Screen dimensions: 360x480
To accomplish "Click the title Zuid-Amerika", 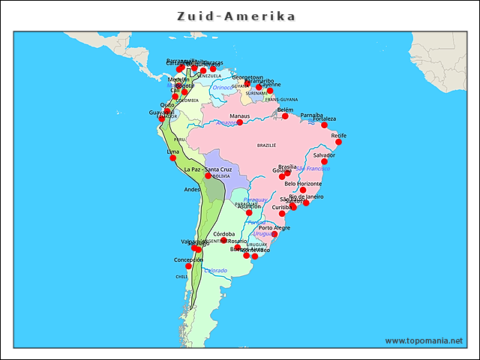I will click(235, 16).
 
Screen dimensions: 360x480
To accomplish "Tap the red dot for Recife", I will click(338, 142).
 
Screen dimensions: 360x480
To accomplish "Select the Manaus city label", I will click(240, 116).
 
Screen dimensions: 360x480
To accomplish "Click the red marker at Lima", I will click(173, 157).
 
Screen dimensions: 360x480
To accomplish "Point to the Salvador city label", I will click(324, 155).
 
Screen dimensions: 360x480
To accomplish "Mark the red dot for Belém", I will click(285, 116).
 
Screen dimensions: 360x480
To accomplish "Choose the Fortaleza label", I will click(325, 118).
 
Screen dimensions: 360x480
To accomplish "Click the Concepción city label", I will click(188, 259).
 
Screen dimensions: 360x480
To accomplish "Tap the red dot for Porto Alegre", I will click(274, 234).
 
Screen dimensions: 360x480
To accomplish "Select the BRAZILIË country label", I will click(267, 145).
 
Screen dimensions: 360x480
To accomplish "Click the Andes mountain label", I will click(192, 190).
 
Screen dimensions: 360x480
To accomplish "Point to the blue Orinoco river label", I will click(223, 87).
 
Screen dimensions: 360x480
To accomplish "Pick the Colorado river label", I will click(215, 270).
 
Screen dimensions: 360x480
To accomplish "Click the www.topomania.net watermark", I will click(424, 340).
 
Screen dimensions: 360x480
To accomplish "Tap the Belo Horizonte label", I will click(303, 184).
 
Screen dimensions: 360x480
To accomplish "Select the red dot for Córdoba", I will click(223, 240).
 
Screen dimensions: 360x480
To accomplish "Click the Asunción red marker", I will click(249, 212).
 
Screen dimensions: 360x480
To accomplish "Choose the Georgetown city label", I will click(247, 77).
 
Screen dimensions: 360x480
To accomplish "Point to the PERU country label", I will click(179, 139).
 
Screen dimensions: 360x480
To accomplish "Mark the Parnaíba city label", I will click(311, 115).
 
